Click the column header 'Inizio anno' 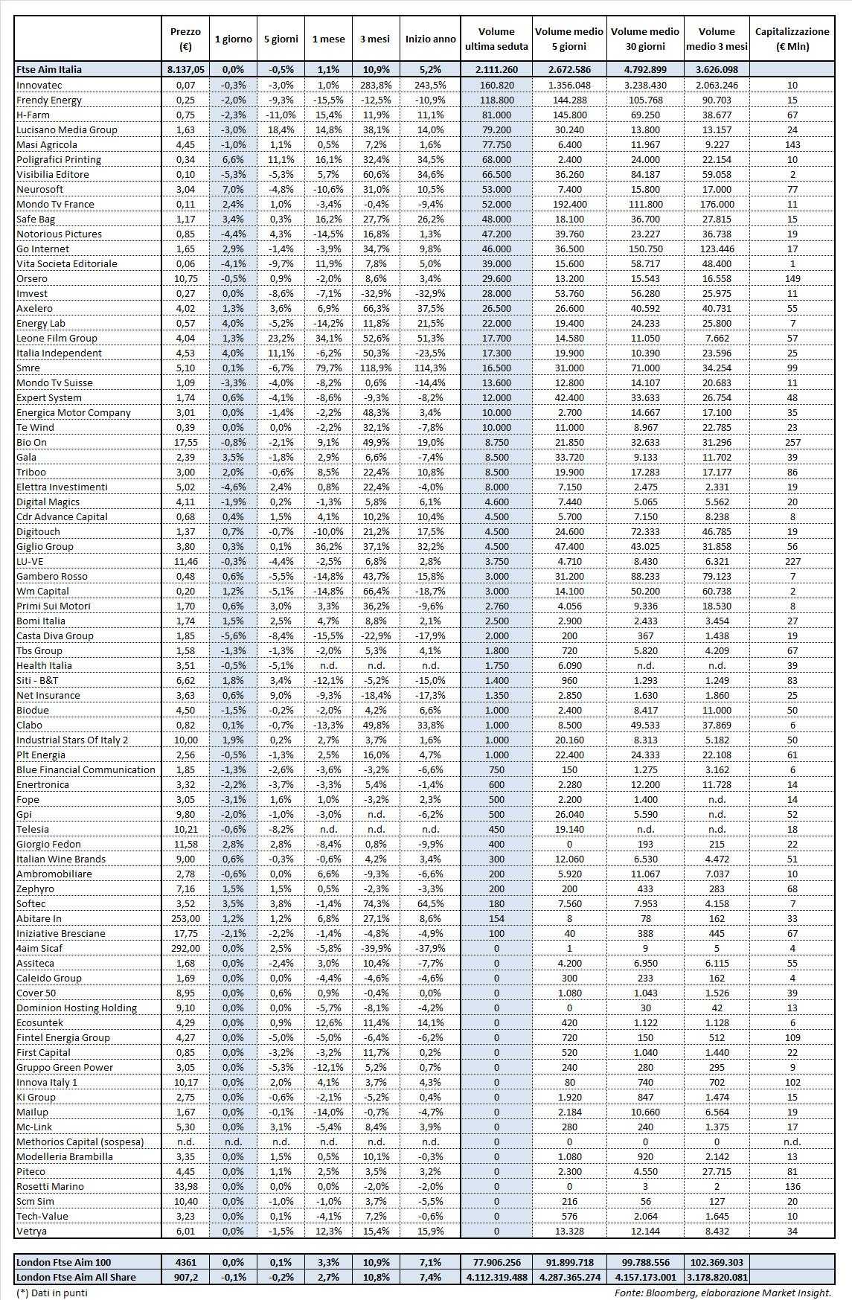[430, 39]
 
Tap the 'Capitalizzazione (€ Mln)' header [792, 39]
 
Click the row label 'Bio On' [32, 442]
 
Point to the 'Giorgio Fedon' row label [48, 844]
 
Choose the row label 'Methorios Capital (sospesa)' [80, 1141]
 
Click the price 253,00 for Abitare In [185, 918]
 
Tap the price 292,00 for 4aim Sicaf [185, 948]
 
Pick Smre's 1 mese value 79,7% [328, 368]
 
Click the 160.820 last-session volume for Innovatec [496, 85]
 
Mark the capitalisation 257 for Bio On [792, 442]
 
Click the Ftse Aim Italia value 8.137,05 [185, 69]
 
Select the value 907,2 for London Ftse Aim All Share [185, 1277]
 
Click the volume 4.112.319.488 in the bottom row [496, 1277]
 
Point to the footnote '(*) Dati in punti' [51, 1293]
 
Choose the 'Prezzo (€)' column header [185, 39]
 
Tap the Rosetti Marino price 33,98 [185, 1186]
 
